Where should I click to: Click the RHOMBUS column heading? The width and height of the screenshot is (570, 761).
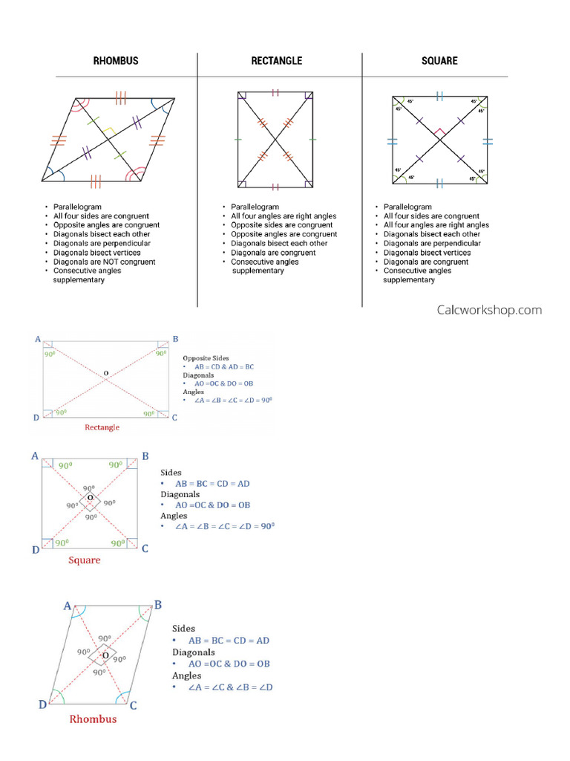pos(116,61)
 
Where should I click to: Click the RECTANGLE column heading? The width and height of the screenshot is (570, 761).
pos(277,61)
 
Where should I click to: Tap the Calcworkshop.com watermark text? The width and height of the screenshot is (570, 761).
pos(489,310)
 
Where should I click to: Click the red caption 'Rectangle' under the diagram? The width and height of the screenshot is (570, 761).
pos(102,427)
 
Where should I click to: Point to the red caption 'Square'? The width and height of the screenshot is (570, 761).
pos(85,560)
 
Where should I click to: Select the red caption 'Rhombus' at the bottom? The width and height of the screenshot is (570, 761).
pos(93,719)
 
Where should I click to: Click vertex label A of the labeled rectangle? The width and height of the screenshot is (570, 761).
pos(38,339)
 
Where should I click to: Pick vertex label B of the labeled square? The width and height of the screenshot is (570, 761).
pos(145,456)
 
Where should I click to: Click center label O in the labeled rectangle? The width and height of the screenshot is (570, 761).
pos(105,372)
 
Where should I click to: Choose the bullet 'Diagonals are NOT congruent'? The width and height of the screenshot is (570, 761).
pos(104,262)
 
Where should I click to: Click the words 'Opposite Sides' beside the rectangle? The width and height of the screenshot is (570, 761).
pos(206,358)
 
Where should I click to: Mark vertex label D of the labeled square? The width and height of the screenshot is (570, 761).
pos(36,550)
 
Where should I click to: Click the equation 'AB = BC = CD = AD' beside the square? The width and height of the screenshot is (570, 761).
pos(212,484)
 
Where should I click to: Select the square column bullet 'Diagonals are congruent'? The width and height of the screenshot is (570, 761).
pos(426,262)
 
